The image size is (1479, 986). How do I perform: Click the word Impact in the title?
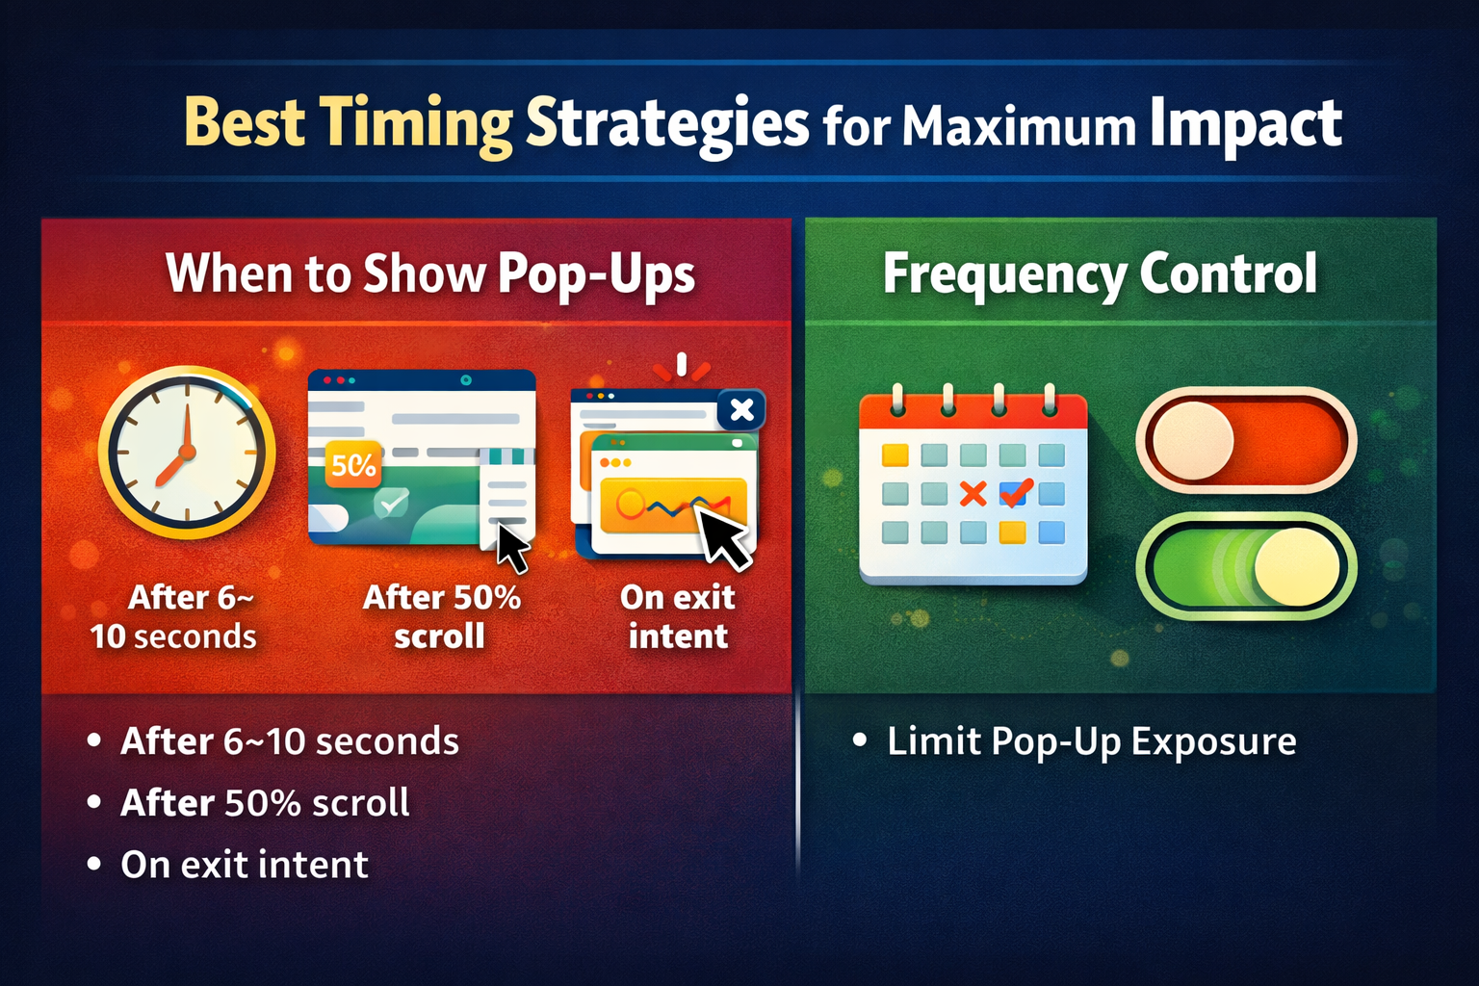point(1245,125)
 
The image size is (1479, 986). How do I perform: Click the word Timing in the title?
point(419,125)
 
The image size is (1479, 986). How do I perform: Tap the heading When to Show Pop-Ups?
point(430,274)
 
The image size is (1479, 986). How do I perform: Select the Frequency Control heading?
point(1100,273)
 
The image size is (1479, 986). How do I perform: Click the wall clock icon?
point(187,454)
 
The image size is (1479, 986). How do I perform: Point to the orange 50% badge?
point(353,465)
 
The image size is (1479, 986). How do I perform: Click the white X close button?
point(741,410)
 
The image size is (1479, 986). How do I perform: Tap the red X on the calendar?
point(973,493)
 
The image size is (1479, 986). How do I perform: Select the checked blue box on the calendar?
point(1015,492)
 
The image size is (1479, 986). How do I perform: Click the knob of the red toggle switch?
point(1193,440)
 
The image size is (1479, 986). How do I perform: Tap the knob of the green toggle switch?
point(1297,566)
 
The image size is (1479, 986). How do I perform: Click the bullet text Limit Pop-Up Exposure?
point(1092,741)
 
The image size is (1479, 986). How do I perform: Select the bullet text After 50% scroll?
point(265,803)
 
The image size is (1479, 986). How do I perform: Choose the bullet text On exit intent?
point(245,865)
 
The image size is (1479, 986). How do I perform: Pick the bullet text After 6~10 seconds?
point(289,741)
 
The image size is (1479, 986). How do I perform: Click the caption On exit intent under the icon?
point(678,617)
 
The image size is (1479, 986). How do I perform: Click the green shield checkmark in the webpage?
point(391,504)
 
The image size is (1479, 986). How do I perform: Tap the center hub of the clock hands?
point(188,453)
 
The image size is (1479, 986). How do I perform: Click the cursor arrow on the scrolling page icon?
point(512,548)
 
